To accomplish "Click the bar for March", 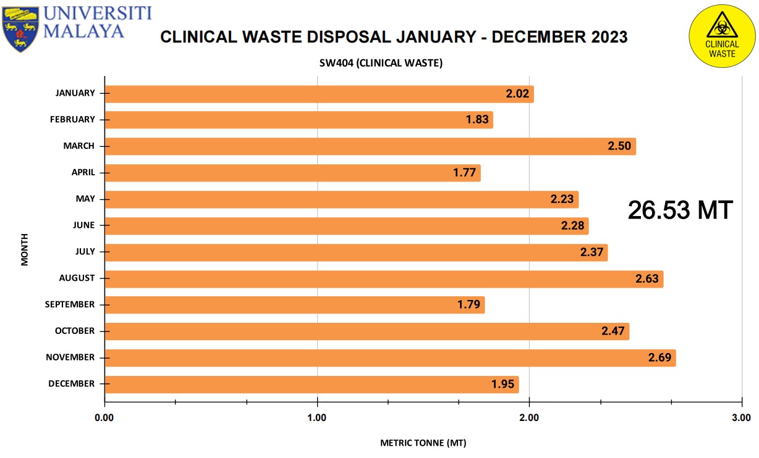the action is [370, 146].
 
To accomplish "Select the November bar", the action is [391, 358].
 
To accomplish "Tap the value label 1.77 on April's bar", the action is [465, 173].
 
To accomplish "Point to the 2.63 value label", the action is [647, 278].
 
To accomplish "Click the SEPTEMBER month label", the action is [70, 304].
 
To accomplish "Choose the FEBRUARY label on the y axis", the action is [72, 120].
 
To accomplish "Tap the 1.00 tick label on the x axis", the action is [317, 418].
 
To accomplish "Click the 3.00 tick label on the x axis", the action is [741, 418].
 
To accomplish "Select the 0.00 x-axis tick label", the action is [104, 418].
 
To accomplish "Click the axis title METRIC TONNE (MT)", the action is [423, 443].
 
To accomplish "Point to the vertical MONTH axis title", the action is [24, 249].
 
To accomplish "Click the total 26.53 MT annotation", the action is [681, 210].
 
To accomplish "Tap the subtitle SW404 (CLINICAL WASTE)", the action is [381, 63].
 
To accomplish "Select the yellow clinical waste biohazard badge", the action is [722, 36].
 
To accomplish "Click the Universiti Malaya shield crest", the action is [20, 30].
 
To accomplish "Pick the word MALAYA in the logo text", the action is [83, 31].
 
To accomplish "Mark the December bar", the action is [312, 384].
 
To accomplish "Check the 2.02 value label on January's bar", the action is [517, 93].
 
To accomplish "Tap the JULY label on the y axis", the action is [85, 251].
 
